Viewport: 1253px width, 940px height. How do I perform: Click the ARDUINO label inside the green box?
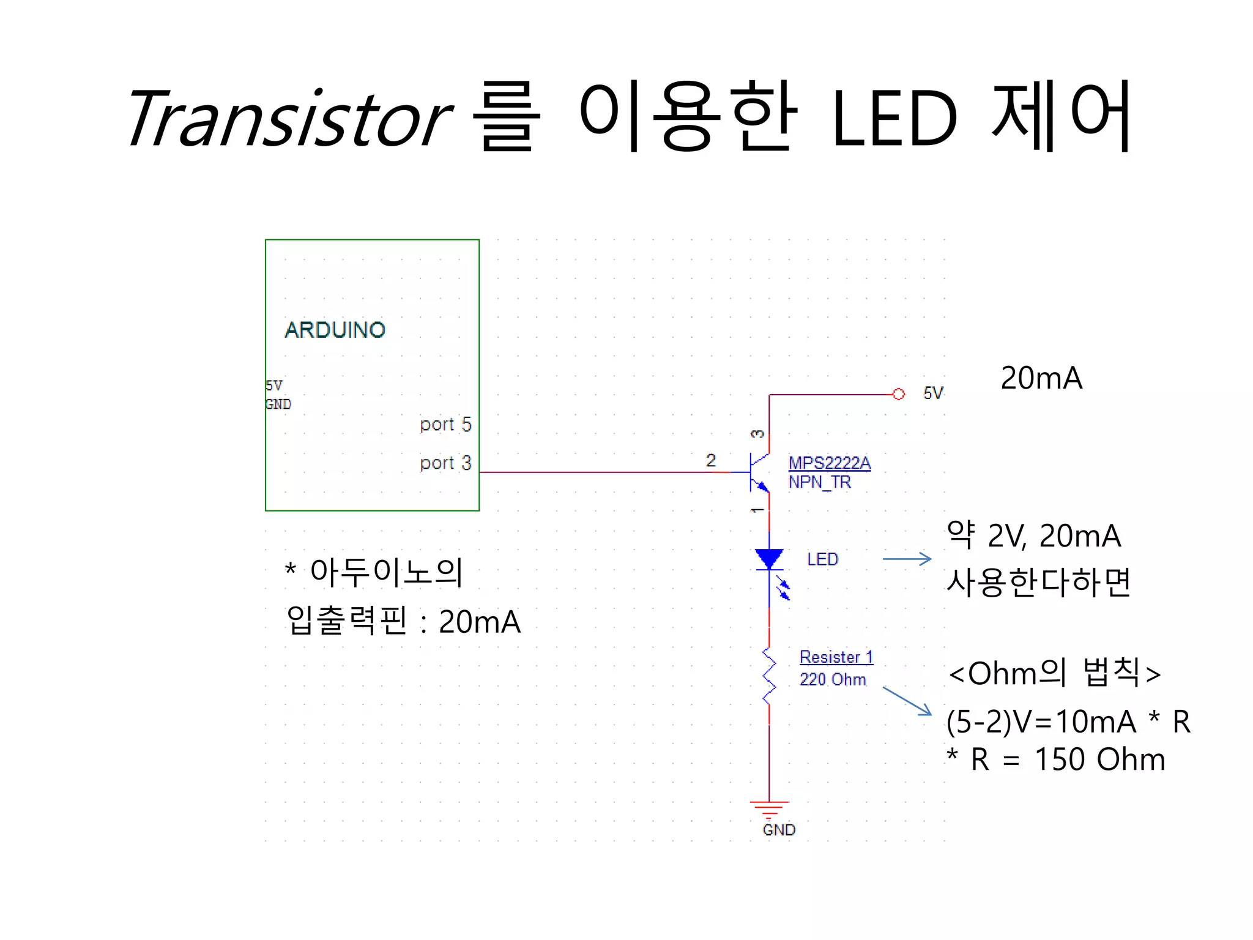[335, 330]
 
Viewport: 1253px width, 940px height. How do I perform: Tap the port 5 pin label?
[445, 424]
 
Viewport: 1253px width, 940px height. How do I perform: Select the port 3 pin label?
[445, 463]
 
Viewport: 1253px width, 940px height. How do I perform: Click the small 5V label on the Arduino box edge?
[273, 386]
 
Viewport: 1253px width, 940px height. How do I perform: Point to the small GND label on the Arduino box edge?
[278, 405]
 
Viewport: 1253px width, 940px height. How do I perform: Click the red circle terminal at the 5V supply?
[898, 394]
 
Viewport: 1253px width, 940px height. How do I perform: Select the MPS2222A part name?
[829, 463]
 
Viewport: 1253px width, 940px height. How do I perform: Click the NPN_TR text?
[819, 482]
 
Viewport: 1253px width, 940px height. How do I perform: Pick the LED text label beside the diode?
[822, 559]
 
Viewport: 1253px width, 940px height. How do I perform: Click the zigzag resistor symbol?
[769, 676]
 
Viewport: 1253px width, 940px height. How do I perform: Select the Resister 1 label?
[836, 657]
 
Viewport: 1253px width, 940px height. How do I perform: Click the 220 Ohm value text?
[833, 679]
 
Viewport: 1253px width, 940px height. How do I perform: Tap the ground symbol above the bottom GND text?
[769, 808]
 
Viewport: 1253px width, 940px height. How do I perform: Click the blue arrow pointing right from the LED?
[907, 559]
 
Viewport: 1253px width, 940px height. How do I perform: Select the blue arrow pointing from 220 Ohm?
[907, 701]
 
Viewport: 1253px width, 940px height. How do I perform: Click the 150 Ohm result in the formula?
[1099, 759]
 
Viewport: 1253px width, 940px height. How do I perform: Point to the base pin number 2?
[710, 460]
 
